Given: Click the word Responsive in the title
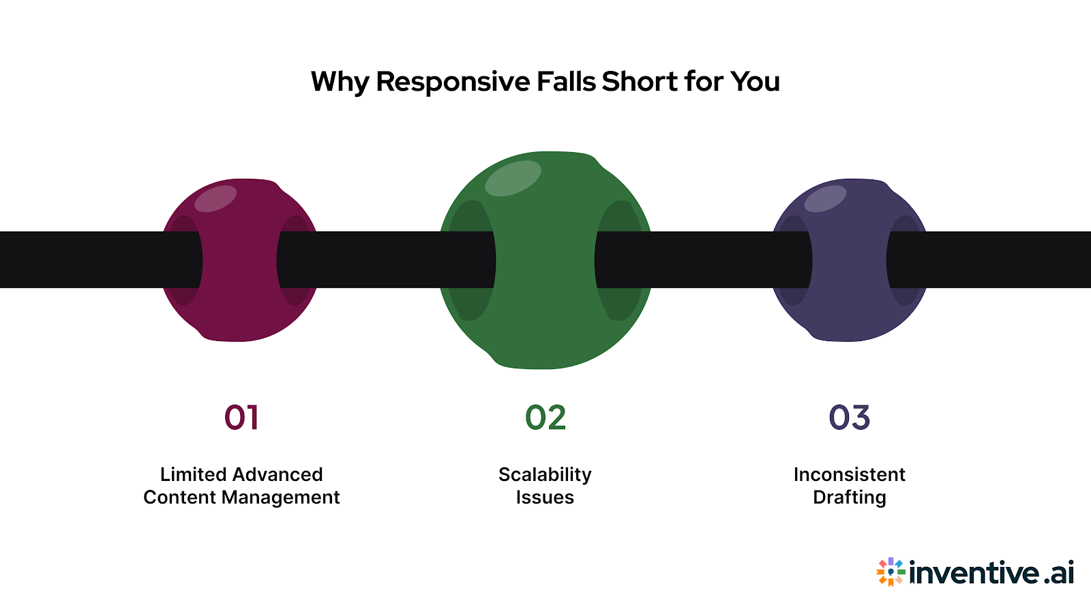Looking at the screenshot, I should [x=453, y=82].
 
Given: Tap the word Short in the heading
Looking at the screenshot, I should [x=640, y=81].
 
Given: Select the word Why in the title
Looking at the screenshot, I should [x=340, y=82].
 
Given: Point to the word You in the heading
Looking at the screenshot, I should [x=755, y=81].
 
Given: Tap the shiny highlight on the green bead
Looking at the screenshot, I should [x=513, y=178].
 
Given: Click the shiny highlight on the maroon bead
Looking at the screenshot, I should [x=215, y=199].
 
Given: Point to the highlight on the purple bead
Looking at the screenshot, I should [x=825, y=199].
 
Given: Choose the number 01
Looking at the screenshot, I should [x=241, y=418].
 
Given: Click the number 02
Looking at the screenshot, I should [x=545, y=418].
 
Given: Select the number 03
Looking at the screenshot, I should [x=849, y=418].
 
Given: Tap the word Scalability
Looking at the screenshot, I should [x=545, y=475].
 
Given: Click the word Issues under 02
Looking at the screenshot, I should [x=545, y=497].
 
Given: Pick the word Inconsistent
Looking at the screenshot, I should [x=849, y=474].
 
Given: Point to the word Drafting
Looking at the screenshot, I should [x=849, y=497].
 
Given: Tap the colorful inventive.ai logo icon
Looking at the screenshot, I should [x=891, y=572].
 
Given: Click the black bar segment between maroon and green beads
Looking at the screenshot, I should [x=385, y=259].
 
